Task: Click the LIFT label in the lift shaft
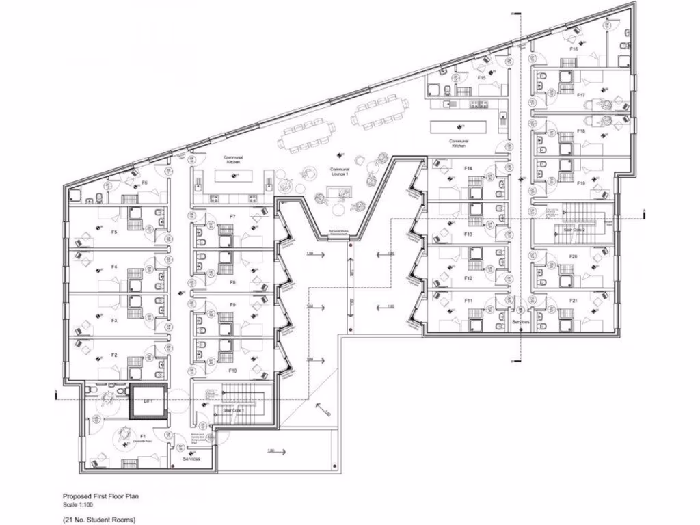pos(148,402)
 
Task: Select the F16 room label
pos(574,50)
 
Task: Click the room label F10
pos(232,370)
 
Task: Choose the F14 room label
pos(468,167)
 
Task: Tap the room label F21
pos(574,301)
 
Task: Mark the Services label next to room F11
pos(521,321)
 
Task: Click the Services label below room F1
pos(192,459)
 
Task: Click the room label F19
pos(581,183)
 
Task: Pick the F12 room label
pos(468,279)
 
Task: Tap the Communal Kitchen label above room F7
pos(234,159)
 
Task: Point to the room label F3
pos(114,320)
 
